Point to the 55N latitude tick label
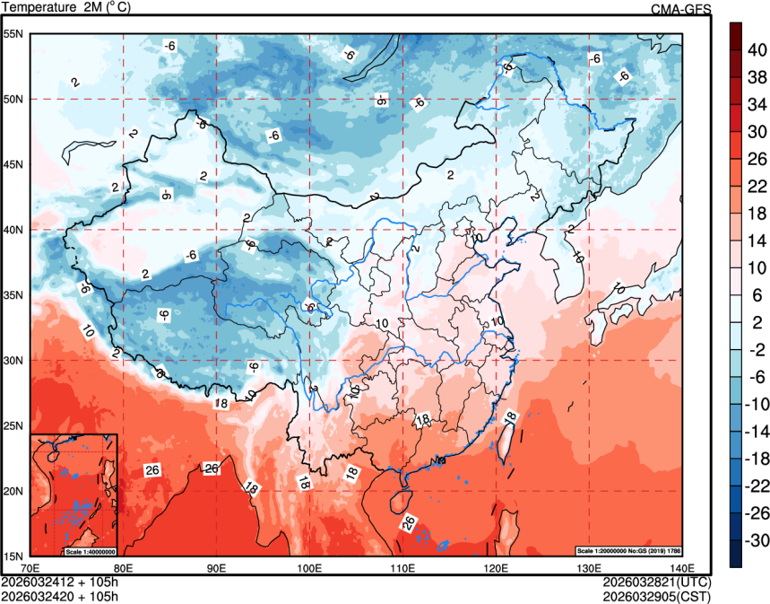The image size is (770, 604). tap(13, 34)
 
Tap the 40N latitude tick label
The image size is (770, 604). tap(13, 230)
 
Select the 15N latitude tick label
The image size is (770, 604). tap(13, 556)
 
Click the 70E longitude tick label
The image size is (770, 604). tap(30, 567)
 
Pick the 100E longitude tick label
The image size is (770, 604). tap(309, 567)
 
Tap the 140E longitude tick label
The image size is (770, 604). tap(681, 567)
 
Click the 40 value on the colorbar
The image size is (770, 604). tap(757, 49)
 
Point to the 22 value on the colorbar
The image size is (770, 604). tap(757, 186)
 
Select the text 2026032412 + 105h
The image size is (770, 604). tap(60, 581)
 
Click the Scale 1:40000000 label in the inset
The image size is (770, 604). tap(90, 550)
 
